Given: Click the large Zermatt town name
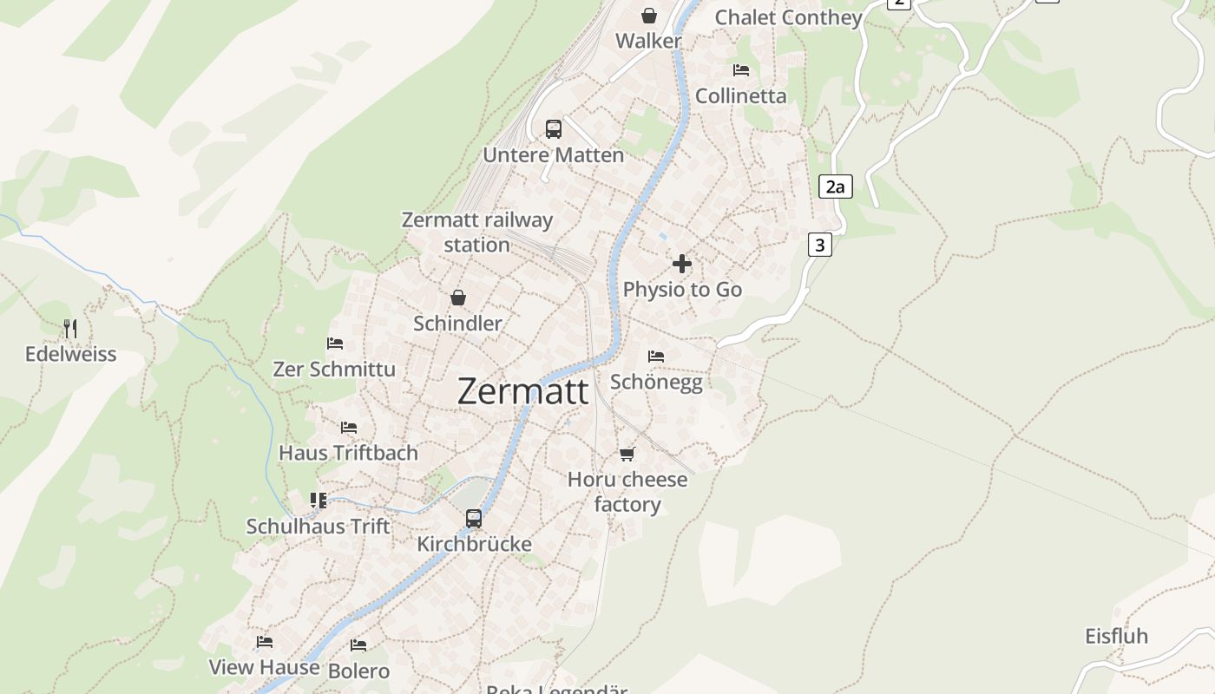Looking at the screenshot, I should tap(522, 391).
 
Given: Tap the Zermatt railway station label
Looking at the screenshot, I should tap(477, 232).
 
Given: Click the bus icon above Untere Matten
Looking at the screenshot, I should tap(554, 129).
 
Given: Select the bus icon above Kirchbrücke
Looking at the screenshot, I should tap(474, 518).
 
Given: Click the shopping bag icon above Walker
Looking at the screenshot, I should tap(648, 16).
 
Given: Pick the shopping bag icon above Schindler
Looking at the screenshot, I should tap(458, 298).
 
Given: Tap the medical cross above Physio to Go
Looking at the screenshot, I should tap(682, 264).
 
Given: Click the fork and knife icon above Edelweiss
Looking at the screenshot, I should tap(70, 329).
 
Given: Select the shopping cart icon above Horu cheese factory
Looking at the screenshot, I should tap(627, 454).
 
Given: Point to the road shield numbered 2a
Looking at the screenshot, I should tap(835, 186).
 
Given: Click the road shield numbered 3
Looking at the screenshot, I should tap(819, 245).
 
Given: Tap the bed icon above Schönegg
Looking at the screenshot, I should tap(656, 357).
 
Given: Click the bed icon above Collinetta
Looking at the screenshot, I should tap(741, 70).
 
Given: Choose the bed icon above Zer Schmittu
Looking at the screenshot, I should tap(335, 344).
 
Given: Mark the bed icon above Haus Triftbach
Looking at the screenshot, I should tap(349, 428).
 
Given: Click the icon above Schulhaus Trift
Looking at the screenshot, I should tap(319, 501).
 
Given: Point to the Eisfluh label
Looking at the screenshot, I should tap(1116, 636).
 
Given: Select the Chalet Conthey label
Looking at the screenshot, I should tap(788, 17).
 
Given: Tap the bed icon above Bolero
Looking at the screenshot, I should tap(358, 645).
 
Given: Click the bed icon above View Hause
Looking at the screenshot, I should tap(265, 642).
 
